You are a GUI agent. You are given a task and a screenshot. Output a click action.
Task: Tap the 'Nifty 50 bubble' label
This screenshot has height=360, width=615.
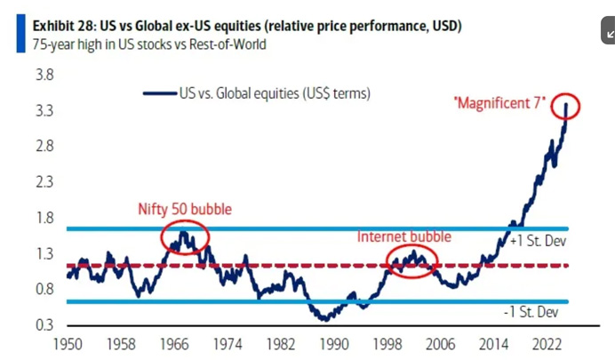(185, 210)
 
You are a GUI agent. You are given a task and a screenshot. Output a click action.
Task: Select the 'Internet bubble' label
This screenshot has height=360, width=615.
(404, 236)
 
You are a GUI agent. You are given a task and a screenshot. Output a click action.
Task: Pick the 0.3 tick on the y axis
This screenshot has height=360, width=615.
(44, 324)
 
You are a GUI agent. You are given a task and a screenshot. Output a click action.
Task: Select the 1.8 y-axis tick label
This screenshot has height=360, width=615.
(44, 218)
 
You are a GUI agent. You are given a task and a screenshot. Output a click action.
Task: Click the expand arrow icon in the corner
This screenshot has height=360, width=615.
(610, 34)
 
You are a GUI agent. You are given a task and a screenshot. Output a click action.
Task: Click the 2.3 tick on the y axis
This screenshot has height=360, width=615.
(44, 182)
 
